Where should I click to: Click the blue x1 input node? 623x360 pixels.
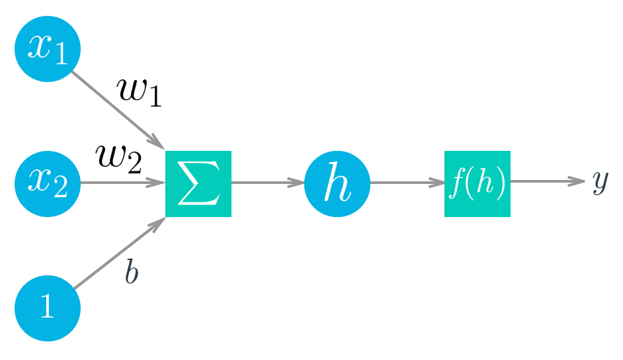[47, 48]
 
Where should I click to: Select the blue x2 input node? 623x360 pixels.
[47, 183]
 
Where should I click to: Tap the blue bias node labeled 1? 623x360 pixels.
[47, 308]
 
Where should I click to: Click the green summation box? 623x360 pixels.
[198, 183]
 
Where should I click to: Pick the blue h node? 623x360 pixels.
[337, 183]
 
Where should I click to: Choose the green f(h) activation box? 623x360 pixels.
[477, 183]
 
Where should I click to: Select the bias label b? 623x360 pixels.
[132, 272]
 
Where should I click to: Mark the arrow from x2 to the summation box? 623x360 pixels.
[122, 183]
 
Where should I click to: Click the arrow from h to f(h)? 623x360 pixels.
[407, 183]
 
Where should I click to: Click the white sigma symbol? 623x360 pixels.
[198, 183]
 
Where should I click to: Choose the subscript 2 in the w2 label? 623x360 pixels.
[134, 164]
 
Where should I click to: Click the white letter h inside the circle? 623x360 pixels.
[336, 184]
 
